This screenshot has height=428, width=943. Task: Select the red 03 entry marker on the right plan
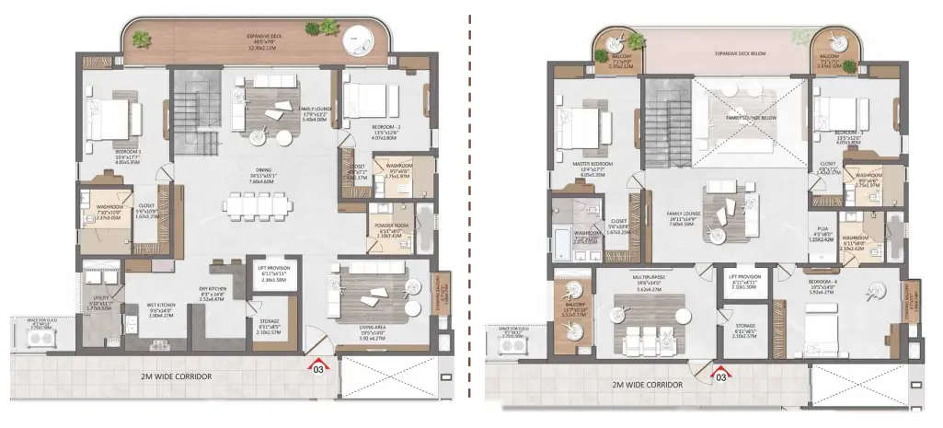[722, 375]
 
